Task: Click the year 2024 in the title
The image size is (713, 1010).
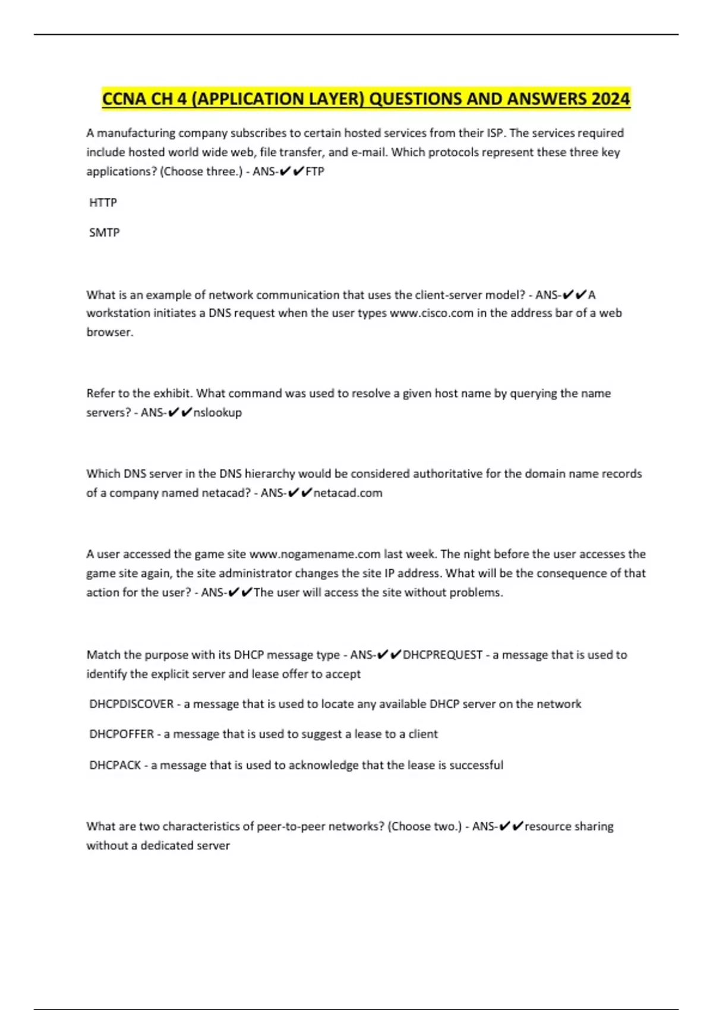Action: coord(610,99)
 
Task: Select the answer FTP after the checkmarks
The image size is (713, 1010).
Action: coord(315,172)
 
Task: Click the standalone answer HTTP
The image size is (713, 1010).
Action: coord(103,203)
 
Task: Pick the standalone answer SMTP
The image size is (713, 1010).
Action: coord(105,233)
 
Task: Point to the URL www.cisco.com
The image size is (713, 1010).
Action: coord(431,313)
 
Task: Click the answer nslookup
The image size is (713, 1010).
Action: coord(217,412)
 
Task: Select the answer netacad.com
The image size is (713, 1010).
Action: coord(348,493)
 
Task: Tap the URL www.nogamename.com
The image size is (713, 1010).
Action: coord(314,554)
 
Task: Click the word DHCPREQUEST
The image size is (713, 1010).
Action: coord(443,655)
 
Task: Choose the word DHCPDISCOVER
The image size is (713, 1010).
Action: coord(131,704)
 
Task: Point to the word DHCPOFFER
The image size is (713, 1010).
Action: coord(122,734)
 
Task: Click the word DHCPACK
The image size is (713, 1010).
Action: coord(115,765)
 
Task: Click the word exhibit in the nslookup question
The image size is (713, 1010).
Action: coord(171,393)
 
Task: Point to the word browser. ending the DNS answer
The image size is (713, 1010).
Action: coord(110,332)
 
